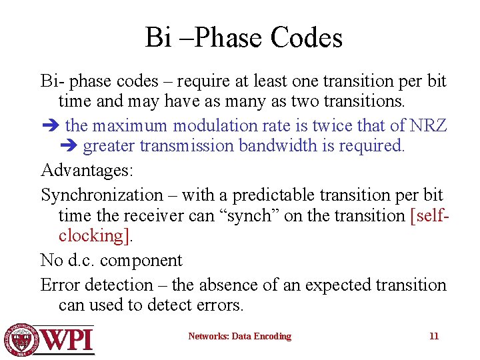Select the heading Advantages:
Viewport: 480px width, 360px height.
pos(87,170)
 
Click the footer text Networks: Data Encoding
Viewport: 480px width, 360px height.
pos(239,337)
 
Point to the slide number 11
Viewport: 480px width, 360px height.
pos(434,337)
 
